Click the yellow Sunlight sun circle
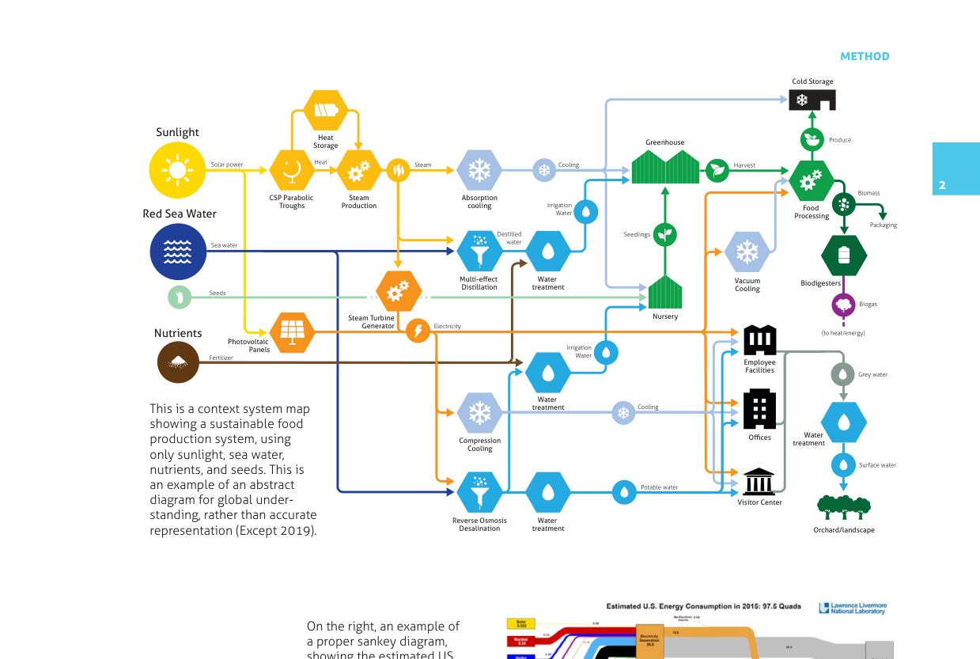177,171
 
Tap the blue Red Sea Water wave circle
177,252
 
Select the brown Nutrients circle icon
177,362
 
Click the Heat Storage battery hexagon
325,110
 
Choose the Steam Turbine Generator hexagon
398,292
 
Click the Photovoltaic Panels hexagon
292,331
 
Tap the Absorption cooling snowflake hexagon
479,170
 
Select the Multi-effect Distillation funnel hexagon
479,252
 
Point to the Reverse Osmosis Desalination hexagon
479,492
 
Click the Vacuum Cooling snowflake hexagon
747,252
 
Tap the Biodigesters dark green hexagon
844,255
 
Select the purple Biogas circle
844,305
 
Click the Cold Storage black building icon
812,100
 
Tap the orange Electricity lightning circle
418,331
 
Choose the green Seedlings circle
665,234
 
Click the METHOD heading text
865,56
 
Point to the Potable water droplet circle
624,492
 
